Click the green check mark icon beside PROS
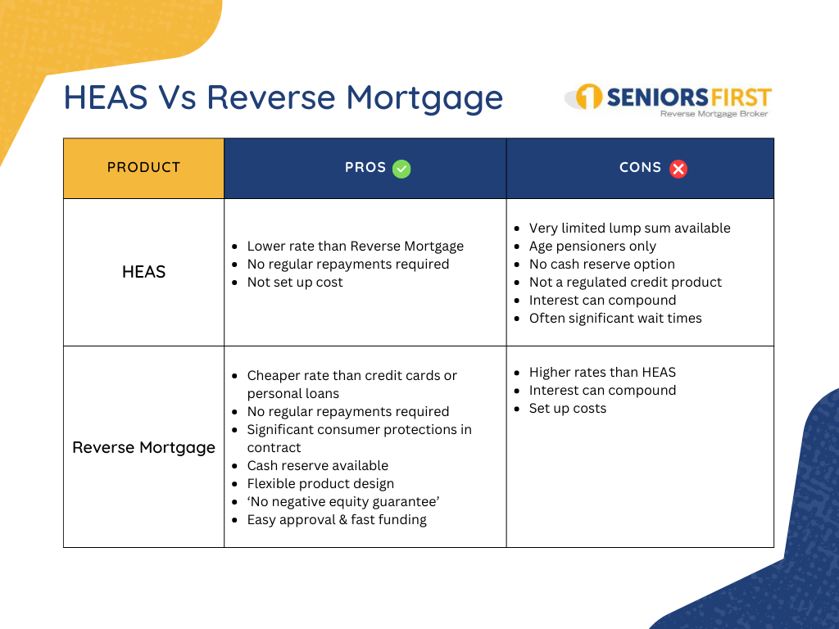(401, 169)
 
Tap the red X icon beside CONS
(678, 169)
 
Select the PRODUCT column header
(143, 167)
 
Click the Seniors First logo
(669, 100)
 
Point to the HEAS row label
(143, 272)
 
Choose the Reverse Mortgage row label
(143, 447)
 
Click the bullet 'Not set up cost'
(295, 283)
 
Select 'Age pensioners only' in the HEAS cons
(592, 246)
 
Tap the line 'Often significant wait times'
(615, 319)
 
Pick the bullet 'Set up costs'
(568, 409)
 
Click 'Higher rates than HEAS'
(602, 373)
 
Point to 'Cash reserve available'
(318, 466)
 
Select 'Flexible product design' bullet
(320, 484)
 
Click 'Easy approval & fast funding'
(337, 520)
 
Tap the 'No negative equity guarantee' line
(343, 502)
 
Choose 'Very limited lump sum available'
(630, 229)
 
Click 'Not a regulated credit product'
(625, 283)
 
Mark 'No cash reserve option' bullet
(602, 265)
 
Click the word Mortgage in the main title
(424, 99)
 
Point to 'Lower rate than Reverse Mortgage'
(356, 247)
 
